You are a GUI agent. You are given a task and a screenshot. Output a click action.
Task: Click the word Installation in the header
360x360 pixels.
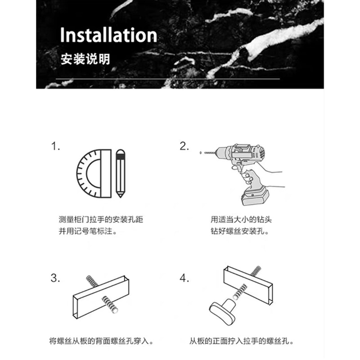[x=108, y=35]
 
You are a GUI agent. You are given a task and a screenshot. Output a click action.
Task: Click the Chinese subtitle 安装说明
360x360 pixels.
[x=85, y=59]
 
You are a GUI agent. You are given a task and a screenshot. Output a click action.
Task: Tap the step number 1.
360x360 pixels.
[x=55, y=146]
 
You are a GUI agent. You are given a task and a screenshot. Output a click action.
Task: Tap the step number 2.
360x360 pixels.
[x=184, y=146]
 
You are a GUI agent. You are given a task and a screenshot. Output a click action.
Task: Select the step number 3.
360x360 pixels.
[x=55, y=278]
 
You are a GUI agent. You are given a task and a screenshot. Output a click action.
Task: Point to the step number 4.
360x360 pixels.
[x=184, y=278]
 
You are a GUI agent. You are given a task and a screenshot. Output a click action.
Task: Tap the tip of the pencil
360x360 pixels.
[x=120, y=197]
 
